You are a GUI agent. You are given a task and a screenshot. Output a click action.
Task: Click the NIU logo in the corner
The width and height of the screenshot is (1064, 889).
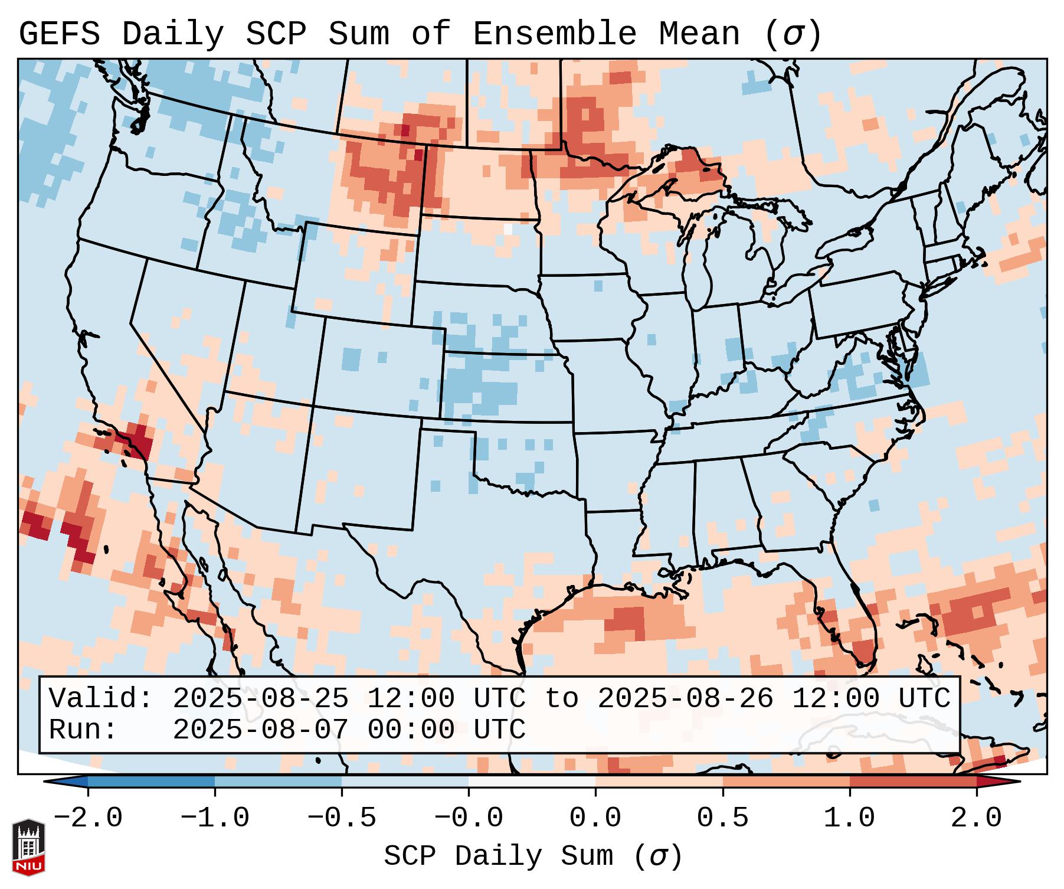pos(28,846)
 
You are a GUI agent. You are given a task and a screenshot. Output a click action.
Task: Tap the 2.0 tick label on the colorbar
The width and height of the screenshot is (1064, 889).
pos(976,818)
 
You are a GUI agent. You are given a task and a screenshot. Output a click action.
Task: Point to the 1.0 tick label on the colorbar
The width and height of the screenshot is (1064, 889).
pos(849,818)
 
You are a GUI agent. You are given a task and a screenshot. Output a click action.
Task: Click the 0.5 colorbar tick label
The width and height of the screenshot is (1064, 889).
pos(722,818)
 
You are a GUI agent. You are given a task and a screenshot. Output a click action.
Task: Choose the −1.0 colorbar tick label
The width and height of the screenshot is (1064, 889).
pos(214,818)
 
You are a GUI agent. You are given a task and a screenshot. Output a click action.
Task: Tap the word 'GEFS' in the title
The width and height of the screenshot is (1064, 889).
pos(59,34)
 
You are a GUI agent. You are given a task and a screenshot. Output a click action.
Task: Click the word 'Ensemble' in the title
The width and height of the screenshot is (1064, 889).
pos(555,34)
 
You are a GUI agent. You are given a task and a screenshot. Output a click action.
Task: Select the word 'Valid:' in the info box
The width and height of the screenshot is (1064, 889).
pos(101,699)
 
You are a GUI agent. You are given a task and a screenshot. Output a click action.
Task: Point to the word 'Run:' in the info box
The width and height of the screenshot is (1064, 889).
pos(83,730)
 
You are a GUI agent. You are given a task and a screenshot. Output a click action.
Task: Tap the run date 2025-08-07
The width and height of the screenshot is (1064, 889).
pos(260,730)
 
